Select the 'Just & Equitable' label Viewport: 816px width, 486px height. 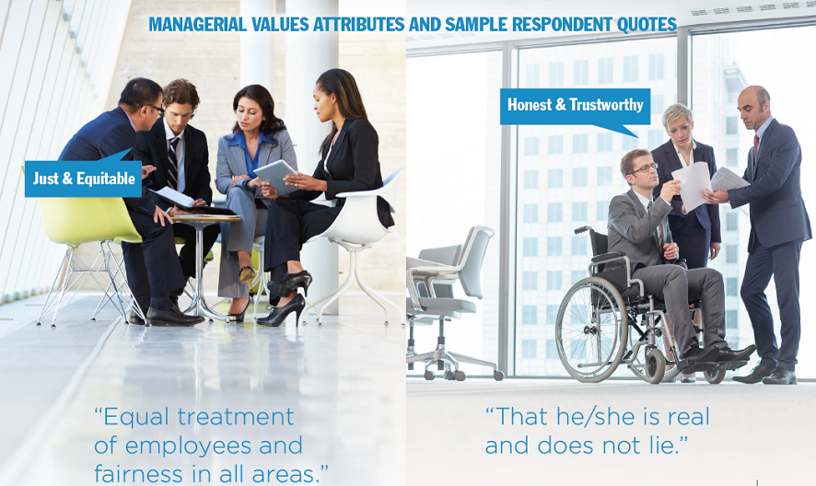83,179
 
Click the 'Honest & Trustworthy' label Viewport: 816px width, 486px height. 575,105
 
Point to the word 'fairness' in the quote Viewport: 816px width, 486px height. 139,473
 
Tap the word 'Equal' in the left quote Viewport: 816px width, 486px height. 134,417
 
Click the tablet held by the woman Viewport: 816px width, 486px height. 275,177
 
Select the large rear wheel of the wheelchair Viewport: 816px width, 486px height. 591,329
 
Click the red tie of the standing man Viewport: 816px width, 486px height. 756,145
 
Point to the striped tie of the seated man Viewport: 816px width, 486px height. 172,162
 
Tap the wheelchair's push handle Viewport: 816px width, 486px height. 583,229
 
